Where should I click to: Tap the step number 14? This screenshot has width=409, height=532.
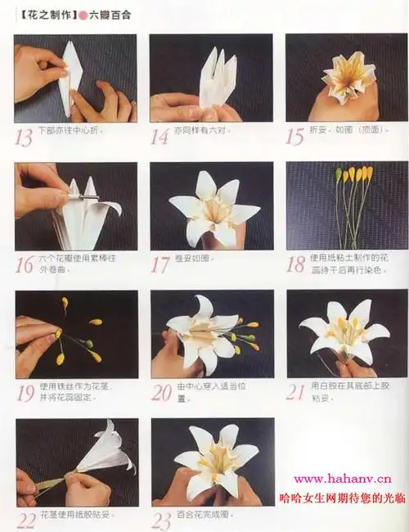(x=160, y=137)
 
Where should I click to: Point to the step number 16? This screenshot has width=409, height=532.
(x=25, y=265)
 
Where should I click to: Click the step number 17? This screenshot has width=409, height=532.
(x=160, y=264)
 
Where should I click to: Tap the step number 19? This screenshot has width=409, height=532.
(x=25, y=392)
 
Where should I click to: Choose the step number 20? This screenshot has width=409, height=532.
(x=161, y=392)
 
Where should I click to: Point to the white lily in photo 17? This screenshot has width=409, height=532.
(x=210, y=209)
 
